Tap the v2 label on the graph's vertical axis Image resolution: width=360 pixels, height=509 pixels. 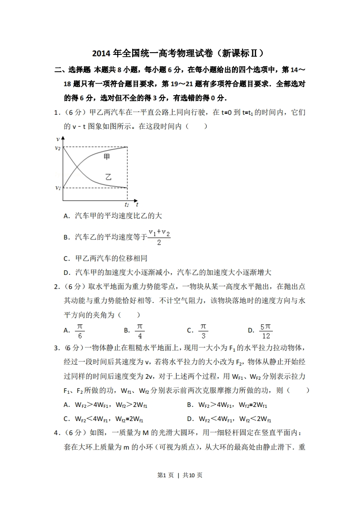click(x=58, y=148)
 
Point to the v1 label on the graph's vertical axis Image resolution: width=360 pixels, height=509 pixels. click(x=58, y=187)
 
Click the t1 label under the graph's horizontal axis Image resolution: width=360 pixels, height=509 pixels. click(x=127, y=205)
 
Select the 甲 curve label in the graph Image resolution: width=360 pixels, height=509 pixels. click(x=107, y=157)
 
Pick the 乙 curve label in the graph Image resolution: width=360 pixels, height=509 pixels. click(x=108, y=177)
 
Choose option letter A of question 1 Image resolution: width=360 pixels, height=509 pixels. click(x=66, y=216)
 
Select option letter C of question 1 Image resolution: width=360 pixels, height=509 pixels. click(x=66, y=259)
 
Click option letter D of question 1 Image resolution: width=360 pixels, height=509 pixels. click(x=66, y=273)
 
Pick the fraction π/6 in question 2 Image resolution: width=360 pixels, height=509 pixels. click(x=80, y=331)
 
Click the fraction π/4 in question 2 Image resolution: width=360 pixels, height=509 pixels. click(x=140, y=331)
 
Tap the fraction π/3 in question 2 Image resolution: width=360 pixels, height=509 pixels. click(x=203, y=331)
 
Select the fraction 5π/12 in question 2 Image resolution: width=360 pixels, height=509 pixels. click(x=266, y=331)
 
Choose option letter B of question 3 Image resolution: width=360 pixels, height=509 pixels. click(x=189, y=405)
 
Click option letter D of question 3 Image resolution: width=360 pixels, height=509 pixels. click(x=189, y=419)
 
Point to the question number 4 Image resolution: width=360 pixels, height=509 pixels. click(x=56, y=433)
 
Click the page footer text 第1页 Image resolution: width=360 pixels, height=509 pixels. click(x=165, y=475)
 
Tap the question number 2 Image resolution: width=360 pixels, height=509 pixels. click(x=56, y=287)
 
